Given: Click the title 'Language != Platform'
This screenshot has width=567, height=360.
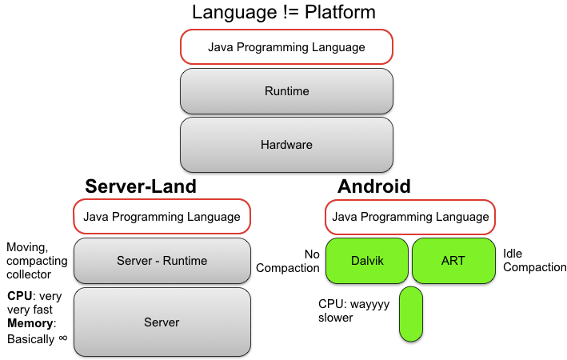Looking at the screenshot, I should click(x=285, y=13).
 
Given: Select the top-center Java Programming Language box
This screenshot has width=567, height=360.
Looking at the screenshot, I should click(x=286, y=47).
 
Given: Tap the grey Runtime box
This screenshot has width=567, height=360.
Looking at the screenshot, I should click(x=286, y=91).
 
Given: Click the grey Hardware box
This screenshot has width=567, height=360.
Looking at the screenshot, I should click(x=286, y=145).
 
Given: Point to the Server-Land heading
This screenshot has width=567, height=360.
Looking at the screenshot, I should click(x=141, y=186).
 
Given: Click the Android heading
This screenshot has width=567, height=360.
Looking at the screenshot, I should click(x=374, y=186).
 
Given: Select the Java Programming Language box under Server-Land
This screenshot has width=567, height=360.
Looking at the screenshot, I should click(x=162, y=216).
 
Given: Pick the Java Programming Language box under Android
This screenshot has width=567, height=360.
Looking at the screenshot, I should click(x=410, y=216).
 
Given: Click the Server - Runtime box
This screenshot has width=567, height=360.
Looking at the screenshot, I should click(x=162, y=260).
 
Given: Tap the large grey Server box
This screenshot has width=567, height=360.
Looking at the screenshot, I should click(x=162, y=322).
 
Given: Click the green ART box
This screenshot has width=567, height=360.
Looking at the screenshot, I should click(x=453, y=260).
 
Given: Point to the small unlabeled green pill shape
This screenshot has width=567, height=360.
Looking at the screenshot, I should click(x=410, y=314).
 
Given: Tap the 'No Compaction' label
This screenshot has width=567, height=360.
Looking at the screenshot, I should click(x=289, y=261).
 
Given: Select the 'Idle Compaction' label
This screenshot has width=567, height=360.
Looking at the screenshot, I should click(x=534, y=260).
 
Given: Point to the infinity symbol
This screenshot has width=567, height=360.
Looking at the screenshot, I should click(x=62, y=338).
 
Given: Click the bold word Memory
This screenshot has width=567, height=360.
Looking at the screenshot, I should click(x=30, y=323).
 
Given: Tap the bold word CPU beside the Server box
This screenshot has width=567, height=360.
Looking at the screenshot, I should click(x=18, y=295).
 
